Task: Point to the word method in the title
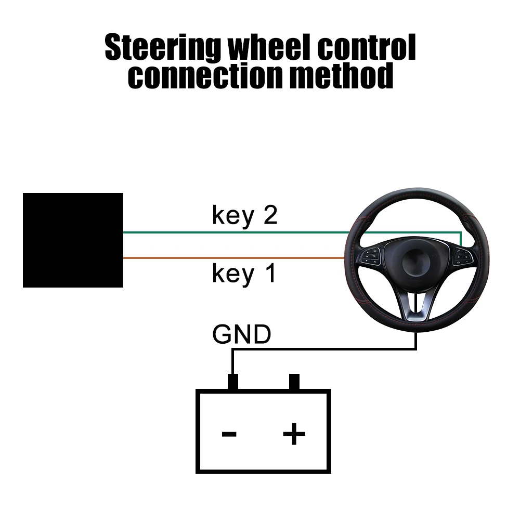[341, 77]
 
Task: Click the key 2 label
[244, 215]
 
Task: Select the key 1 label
[244, 274]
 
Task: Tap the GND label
[242, 335]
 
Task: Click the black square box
[73, 240]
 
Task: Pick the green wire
[234, 232]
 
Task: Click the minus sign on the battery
[229, 433]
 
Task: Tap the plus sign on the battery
[294, 433]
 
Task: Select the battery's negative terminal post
[232, 382]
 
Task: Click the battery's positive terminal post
[294, 382]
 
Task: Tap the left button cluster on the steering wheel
[373, 255]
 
